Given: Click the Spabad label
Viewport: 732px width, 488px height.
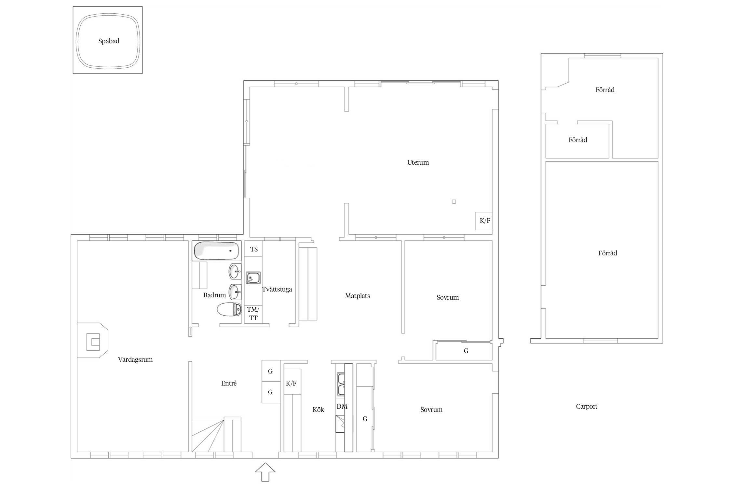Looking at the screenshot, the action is coord(109,41).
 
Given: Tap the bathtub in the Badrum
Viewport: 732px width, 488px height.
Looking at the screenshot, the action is coord(216,251).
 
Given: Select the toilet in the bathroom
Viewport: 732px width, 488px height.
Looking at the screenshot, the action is coord(229,309).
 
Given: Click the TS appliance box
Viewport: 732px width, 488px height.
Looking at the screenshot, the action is coord(253,249).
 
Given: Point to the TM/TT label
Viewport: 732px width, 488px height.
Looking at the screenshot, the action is coord(253,314).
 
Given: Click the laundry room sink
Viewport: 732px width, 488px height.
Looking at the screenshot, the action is coord(253,278).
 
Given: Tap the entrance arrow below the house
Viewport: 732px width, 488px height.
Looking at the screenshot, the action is coord(265,472).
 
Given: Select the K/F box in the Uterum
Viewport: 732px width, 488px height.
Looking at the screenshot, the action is coord(484,221).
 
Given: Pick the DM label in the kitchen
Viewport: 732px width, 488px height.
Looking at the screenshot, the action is coord(342,406).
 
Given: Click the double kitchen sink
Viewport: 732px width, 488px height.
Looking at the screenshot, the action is coord(341,384).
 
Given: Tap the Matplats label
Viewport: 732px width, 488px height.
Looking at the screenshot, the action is coord(358,296).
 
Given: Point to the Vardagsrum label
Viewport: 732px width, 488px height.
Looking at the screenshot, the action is coord(135,359).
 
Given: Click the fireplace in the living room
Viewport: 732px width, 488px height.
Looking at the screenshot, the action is coord(93,340).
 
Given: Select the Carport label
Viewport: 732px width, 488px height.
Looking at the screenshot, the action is coord(587,406).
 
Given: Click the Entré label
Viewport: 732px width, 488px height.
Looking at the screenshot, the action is coord(229,383).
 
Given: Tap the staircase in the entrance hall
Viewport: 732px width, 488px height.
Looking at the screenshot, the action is coord(216,435).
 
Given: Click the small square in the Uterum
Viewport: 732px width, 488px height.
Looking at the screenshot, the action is coord(454,202).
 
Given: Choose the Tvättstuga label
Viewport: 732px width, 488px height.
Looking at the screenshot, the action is coord(277,289).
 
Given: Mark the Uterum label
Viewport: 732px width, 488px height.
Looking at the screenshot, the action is coord(418,162).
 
